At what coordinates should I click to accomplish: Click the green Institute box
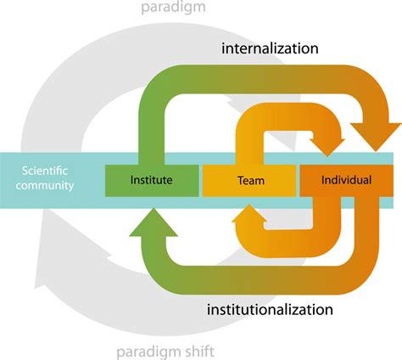click(151, 179)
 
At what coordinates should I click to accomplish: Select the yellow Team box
click(249, 179)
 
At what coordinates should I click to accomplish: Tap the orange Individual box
click(348, 179)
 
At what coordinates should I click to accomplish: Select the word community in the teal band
click(45, 186)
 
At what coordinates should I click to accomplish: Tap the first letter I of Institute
click(132, 179)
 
